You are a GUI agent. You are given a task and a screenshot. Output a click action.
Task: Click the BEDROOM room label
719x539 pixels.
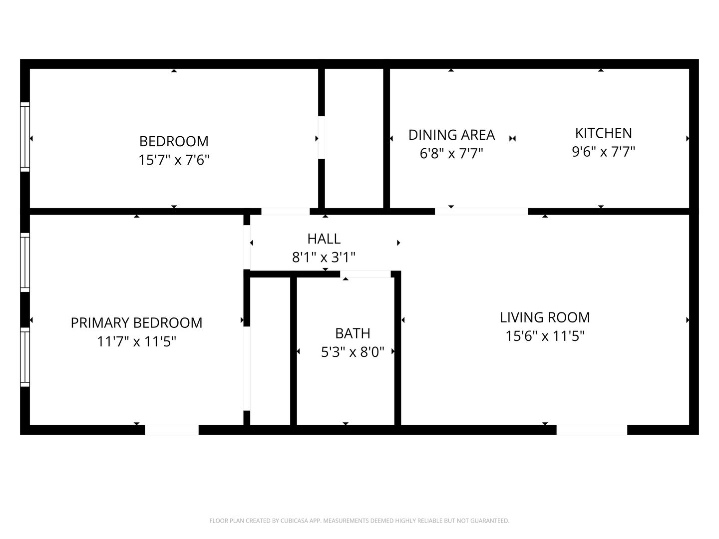(x=174, y=141)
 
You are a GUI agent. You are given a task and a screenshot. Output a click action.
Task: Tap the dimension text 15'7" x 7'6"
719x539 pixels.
(x=174, y=160)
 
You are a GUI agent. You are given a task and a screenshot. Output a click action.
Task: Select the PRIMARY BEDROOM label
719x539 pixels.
(x=137, y=323)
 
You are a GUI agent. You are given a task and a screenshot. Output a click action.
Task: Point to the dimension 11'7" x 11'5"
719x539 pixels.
(x=137, y=342)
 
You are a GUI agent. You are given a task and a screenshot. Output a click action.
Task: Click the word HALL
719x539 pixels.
(x=324, y=239)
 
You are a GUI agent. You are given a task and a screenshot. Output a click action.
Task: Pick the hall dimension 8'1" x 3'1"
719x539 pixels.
(x=324, y=257)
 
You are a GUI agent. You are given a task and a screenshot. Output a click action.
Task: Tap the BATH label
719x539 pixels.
(x=353, y=333)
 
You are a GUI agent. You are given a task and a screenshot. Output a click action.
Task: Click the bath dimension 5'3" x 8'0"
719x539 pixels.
(x=353, y=352)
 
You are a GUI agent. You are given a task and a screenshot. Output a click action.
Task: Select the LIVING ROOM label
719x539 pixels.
(x=545, y=317)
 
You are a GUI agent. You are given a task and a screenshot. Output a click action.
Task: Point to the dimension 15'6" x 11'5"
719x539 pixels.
(x=545, y=336)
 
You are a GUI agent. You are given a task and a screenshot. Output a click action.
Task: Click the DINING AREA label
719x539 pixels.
(x=452, y=135)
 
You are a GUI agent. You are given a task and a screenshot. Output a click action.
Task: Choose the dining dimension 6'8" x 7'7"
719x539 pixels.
(x=452, y=153)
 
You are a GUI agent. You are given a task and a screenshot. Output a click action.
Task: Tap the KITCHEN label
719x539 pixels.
(x=604, y=133)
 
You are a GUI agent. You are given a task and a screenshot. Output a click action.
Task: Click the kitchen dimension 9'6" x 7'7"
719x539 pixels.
(x=604, y=152)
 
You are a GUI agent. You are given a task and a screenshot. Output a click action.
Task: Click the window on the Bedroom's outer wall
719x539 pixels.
(x=25, y=137)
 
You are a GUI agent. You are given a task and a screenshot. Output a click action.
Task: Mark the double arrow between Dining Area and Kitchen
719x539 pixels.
(x=513, y=138)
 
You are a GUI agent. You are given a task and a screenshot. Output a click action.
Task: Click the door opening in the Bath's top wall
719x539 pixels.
(x=365, y=274)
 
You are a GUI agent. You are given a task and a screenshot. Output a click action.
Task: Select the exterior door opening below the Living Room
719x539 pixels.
(x=592, y=430)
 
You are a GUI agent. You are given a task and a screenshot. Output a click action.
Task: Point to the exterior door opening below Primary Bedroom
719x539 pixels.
(x=172, y=430)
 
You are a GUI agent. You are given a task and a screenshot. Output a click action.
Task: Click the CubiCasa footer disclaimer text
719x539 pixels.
(x=359, y=521)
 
